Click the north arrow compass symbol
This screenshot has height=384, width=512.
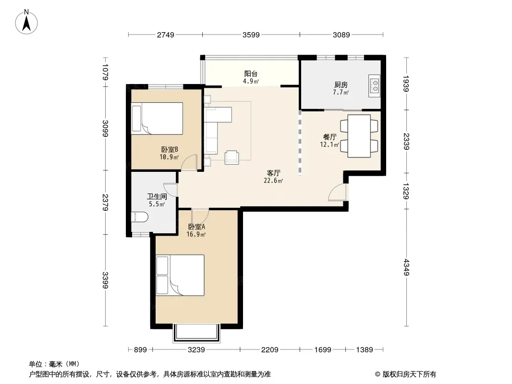click(x=26, y=22)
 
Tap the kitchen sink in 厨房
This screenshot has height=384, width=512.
click(x=375, y=85)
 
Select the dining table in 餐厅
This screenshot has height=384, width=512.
click(x=359, y=136)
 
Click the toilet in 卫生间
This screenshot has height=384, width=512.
click(x=139, y=217)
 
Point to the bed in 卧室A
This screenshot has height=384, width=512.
click(x=180, y=276)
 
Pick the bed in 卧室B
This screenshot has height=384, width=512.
click(x=157, y=119)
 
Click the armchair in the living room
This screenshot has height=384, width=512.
click(x=232, y=157)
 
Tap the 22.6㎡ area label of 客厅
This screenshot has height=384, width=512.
click(x=273, y=181)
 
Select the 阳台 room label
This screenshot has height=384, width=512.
click(x=251, y=74)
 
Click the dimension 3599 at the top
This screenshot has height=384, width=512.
click(x=251, y=35)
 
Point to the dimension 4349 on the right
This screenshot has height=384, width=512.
click(x=406, y=267)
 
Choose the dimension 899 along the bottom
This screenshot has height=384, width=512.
click(x=140, y=350)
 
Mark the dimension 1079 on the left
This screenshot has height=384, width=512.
click(x=105, y=72)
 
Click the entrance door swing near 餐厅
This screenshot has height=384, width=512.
click(x=337, y=192)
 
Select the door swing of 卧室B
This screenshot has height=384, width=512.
click(x=189, y=162)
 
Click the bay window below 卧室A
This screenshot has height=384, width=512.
click(x=196, y=333)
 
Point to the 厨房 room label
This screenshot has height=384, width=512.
click(x=341, y=85)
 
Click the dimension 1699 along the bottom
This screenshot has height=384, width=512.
click(x=323, y=350)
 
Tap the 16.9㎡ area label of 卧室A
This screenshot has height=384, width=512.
click(x=196, y=234)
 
